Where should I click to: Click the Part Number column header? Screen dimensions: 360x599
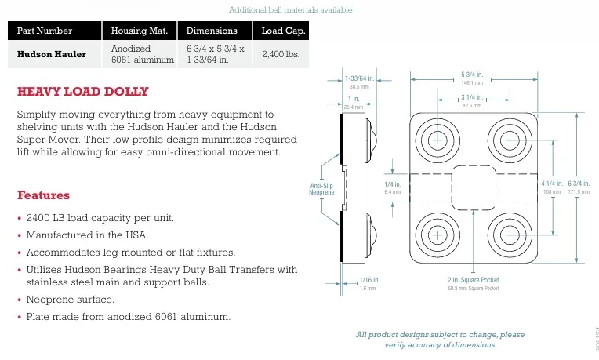(x=45, y=31)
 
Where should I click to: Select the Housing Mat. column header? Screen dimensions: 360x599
(x=139, y=31)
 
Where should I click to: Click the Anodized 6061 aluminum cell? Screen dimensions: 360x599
(x=142, y=54)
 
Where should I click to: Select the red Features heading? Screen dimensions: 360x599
(x=43, y=195)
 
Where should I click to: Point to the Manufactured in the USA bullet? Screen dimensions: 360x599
(x=88, y=235)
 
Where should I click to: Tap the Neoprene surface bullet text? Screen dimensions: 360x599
(x=71, y=300)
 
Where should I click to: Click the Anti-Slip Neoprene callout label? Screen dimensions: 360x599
(x=321, y=188)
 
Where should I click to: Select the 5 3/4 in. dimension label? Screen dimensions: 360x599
(x=472, y=75)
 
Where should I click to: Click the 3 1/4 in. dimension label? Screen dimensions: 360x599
(x=472, y=97)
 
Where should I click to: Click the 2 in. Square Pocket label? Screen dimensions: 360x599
(x=473, y=280)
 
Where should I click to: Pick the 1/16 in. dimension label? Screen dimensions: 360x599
(x=368, y=280)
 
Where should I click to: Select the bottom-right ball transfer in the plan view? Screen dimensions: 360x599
(x=510, y=233)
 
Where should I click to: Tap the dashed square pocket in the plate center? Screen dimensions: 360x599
(x=472, y=187)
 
